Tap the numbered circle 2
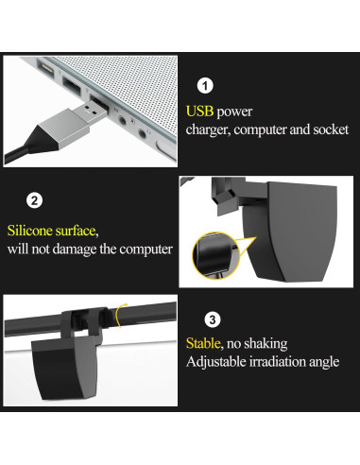[33, 200]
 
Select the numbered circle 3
[213, 319]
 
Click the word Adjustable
[216, 362]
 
